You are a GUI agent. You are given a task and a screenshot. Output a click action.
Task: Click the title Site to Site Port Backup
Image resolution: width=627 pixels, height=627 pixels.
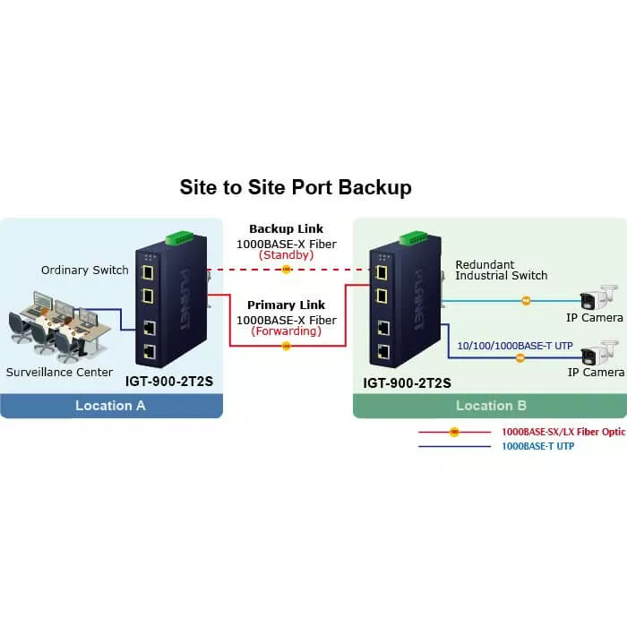296,187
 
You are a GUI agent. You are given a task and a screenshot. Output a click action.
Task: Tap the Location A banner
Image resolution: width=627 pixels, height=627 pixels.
111,405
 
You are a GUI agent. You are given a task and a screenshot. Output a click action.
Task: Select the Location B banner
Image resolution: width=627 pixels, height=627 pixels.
491,405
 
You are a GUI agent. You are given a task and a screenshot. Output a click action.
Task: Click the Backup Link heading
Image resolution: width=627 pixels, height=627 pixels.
286,229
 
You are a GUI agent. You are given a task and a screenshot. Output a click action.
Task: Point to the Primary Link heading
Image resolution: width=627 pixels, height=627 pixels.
286,305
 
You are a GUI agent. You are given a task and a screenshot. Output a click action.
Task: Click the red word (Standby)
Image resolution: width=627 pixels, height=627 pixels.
286,255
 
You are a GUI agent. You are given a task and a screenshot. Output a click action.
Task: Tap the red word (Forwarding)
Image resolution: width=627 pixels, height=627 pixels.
286,331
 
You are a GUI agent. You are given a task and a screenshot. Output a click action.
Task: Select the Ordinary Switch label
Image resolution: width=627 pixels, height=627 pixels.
85,270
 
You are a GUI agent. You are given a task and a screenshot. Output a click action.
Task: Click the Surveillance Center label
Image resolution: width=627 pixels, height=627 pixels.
60,372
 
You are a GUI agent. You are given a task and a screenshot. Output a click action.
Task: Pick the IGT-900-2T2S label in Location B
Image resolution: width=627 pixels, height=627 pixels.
407,382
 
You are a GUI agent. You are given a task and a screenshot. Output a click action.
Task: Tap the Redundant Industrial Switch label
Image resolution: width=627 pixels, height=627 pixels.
502,270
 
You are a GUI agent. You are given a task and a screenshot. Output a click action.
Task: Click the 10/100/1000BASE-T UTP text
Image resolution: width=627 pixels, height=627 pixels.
515,344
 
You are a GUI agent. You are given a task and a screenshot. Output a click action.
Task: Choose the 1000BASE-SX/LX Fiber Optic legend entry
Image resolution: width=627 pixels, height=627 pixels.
563,432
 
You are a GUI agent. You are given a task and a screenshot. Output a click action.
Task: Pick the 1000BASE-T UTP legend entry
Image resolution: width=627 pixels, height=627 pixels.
537,446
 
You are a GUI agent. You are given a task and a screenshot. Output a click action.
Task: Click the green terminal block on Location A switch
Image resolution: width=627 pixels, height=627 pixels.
179,239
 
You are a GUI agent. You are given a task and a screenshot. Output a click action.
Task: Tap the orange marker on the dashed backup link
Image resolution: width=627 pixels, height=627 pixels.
286,269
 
